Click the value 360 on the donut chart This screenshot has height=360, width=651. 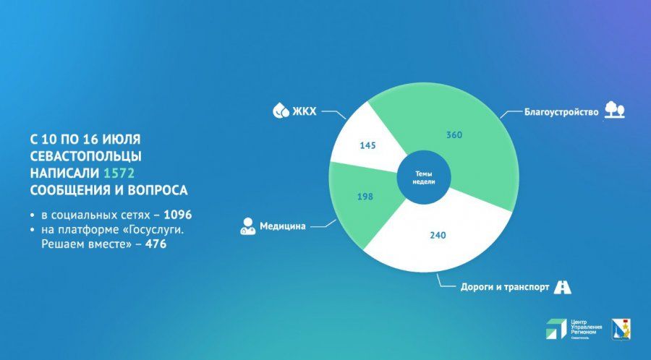coord(454,134)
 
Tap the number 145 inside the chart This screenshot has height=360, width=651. coord(367,145)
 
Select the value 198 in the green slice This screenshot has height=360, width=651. coord(365,197)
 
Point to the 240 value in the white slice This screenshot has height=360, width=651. coord(438,236)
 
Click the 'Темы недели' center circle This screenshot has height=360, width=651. coord(424,178)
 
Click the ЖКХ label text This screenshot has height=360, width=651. coord(305,111)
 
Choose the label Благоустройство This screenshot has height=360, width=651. coord(561,112)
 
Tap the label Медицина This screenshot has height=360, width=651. coord(283,226)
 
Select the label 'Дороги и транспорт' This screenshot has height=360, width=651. coord(505,287)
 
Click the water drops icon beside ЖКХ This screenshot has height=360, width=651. coord(281,111)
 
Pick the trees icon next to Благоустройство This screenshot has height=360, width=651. coord(614,110)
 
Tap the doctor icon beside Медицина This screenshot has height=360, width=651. coord(248,226)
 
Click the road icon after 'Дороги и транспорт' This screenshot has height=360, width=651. coord(563,287)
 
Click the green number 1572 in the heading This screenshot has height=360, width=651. coord(119,173)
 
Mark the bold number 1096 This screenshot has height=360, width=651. coord(178,215)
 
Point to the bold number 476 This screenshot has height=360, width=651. coord(156,244)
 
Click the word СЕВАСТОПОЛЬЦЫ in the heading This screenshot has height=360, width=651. coord(86,156)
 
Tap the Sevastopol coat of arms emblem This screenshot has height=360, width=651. coord(621,330)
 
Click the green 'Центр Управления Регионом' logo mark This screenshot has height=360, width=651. coord(556,329)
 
